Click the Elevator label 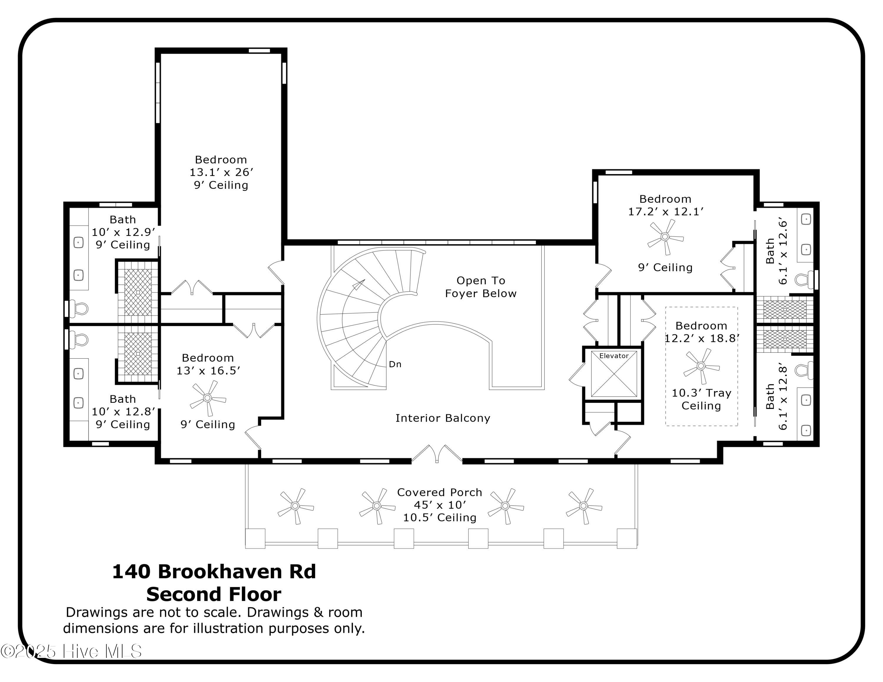614,355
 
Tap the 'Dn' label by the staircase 395,364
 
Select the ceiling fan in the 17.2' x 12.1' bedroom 665,237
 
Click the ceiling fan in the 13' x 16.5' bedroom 208,398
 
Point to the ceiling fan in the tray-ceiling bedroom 701,366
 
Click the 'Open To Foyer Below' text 481,287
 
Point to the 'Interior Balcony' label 443,418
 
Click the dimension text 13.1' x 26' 221,172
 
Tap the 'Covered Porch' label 439,492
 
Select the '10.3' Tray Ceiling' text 701,399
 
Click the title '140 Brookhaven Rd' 214,571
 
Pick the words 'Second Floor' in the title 214,594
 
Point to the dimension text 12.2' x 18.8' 701,338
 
